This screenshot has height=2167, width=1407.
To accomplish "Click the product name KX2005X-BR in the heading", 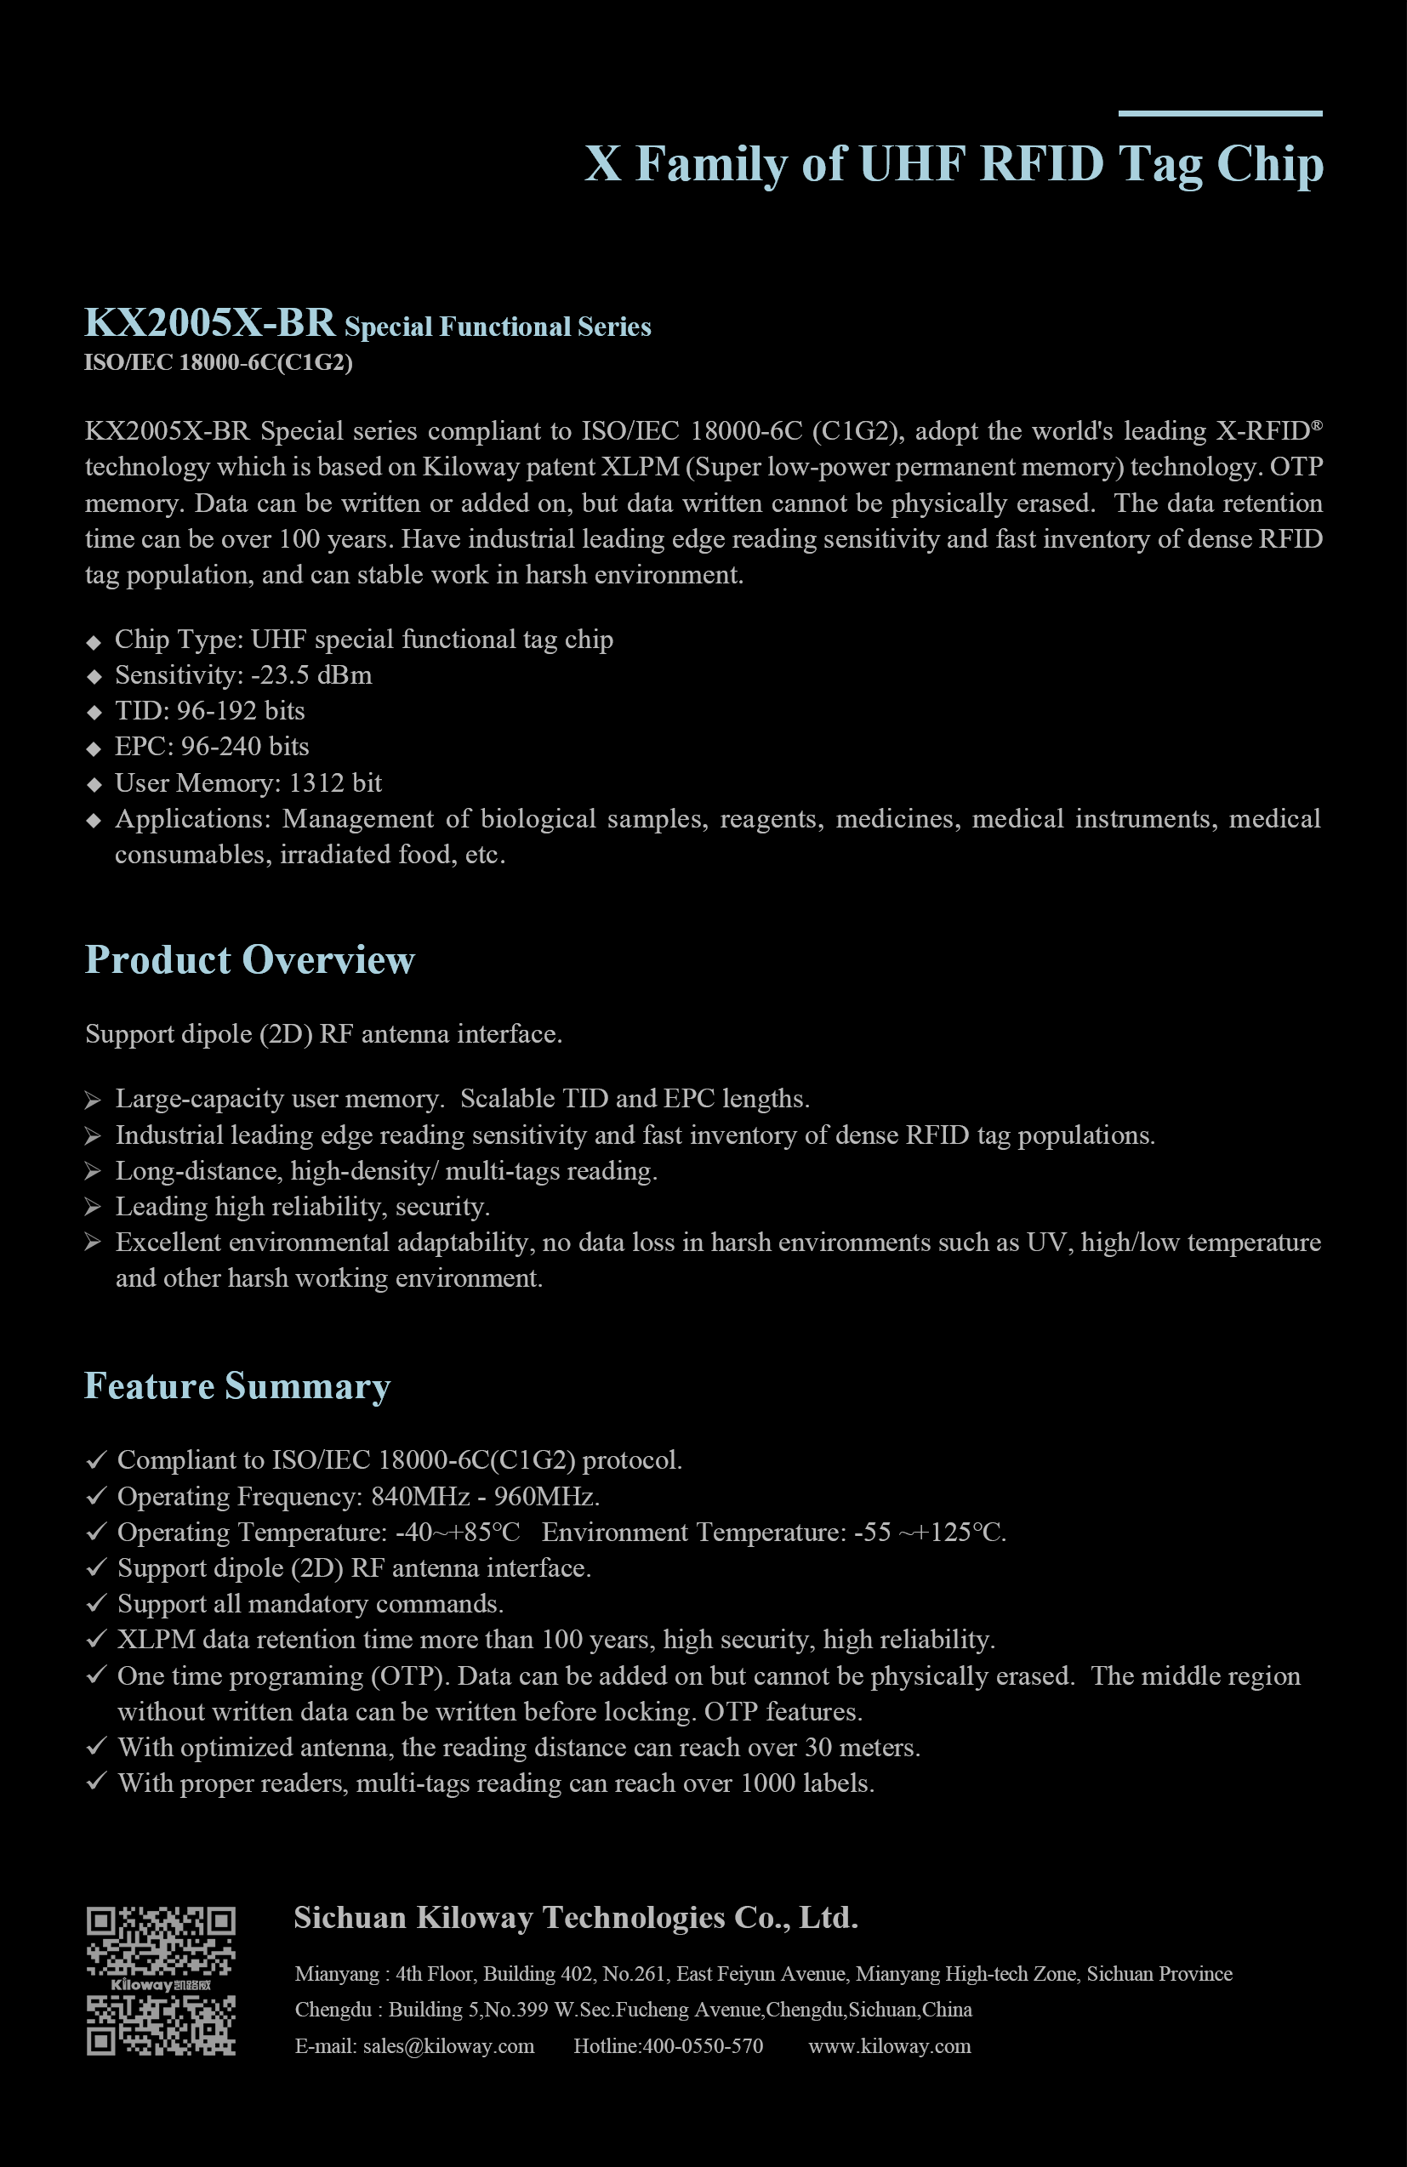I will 209,323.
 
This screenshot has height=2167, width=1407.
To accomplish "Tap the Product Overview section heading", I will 249,959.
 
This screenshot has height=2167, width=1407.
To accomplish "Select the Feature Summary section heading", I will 236,1385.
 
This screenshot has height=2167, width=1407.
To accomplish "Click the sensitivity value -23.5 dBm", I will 311,675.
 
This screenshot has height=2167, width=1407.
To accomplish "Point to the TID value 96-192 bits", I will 242,711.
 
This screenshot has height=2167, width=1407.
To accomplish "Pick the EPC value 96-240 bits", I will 245,747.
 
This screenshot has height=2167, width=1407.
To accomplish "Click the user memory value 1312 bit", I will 335,783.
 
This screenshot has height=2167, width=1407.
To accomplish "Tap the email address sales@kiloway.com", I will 448,2047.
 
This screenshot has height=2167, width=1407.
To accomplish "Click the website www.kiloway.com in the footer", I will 890,2047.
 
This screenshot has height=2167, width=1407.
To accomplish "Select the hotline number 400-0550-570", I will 703,2047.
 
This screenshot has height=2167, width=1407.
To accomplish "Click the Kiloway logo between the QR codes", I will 161,1984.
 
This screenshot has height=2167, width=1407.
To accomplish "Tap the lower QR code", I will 161,2025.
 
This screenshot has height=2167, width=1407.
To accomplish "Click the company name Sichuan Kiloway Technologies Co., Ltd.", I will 576,1919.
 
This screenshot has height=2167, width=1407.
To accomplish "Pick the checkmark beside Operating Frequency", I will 95,1496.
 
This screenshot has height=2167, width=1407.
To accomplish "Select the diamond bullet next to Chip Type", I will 94,642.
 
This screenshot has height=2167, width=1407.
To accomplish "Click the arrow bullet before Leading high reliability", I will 93,1208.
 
